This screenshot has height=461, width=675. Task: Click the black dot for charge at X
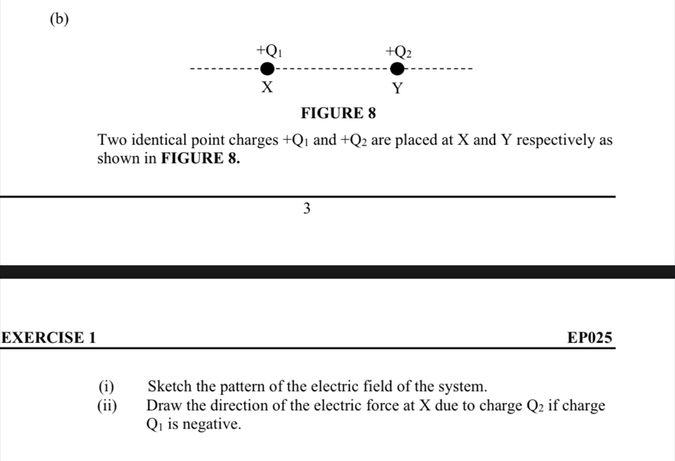click(x=266, y=69)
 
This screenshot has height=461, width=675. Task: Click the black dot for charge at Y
click(x=397, y=69)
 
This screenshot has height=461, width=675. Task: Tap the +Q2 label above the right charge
click(x=399, y=51)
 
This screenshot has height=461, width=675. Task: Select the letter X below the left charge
click(x=266, y=88)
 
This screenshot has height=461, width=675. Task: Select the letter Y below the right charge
click(x=397, y=89)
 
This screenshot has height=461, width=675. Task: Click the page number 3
click(x=307, y=208)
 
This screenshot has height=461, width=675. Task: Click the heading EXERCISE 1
click(x=49, y=338)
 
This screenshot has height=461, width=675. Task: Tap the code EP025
click(x=589, y=338)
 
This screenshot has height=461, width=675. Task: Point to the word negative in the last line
click(x=212, y=424)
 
